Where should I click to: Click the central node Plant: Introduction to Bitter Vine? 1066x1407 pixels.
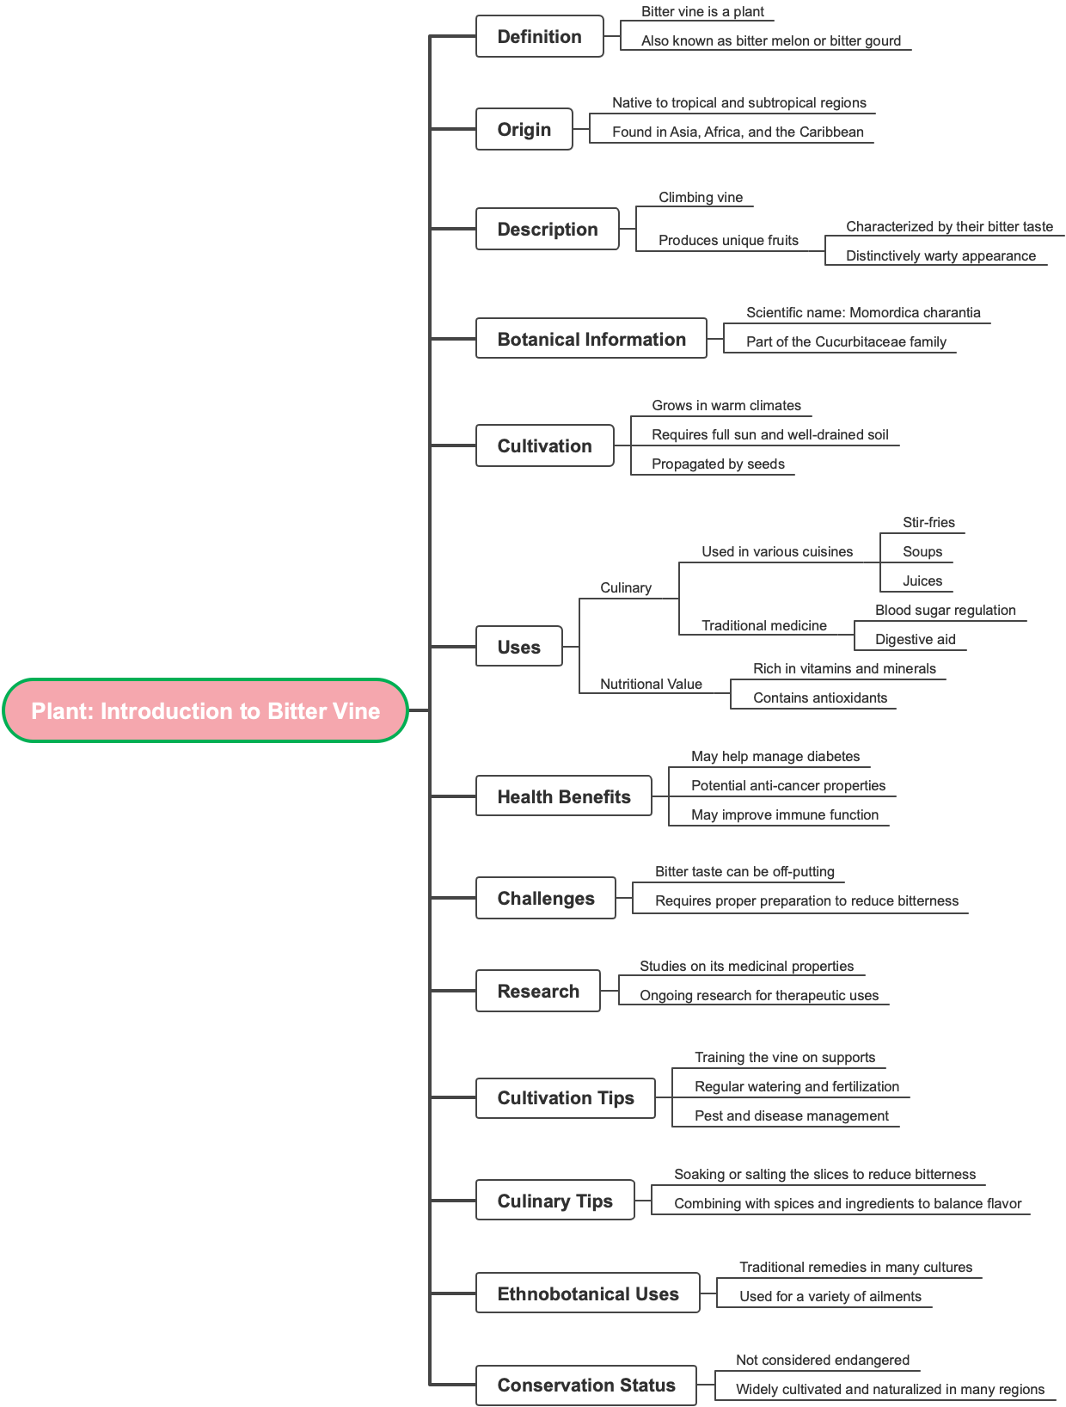[x=205, y=710]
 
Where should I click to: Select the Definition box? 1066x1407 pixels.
[x=540, y=36]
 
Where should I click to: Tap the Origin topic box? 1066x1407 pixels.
[x=524, y=129]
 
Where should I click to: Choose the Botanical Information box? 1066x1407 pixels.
[x=591, y=339]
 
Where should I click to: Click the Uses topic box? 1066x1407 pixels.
[x=519, y=647]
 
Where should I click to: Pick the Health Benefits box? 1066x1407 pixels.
[x=564, y=796]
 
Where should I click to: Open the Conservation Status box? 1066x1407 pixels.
[x=586, y=1385]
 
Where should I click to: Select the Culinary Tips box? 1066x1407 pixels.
[x=555, y=1201]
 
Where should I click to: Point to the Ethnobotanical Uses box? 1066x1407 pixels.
[x=588, y=1293]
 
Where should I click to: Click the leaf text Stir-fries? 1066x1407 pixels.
[x=928, y=522]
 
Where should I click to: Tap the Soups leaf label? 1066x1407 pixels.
[x=922, y=551]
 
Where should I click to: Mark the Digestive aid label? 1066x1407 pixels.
[x=916, y=639]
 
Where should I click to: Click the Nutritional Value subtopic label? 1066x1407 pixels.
[x=651, y=684]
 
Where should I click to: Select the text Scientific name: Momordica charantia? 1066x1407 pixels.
[x=863, y=312]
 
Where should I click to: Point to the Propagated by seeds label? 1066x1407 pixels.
[x=718, y=464]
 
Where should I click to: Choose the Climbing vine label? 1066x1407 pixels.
[x=701, y=197]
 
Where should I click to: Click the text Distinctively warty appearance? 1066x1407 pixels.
[x=940, y=255]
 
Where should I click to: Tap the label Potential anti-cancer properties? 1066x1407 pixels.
[x=788, y=785]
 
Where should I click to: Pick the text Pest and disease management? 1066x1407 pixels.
[x=792, y=1115]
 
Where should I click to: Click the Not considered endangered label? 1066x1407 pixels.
[x=823, y=1360]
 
